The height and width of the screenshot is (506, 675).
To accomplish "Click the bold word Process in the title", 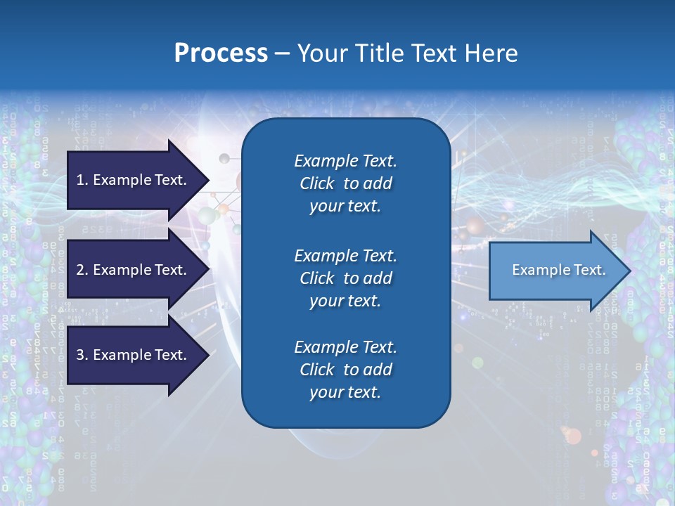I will tap(221, 53).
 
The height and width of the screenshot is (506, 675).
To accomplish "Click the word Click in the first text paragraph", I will tap(316, 183).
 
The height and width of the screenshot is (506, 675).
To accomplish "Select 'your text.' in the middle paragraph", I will tap(345, 301).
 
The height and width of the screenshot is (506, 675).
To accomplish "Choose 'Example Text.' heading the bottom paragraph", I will tap(345, 347).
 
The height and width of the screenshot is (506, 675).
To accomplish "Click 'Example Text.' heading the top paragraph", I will tap(345, 161).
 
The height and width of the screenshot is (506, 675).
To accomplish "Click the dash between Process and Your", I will tap(282, 53).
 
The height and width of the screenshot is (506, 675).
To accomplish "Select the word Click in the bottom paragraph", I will tap(316, 370).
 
